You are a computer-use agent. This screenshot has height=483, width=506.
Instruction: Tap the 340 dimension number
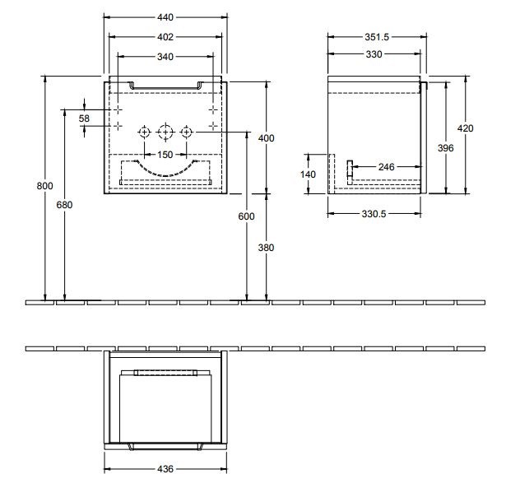click(165, 57)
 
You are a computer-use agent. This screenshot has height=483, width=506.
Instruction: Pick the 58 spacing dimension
click(84, 118)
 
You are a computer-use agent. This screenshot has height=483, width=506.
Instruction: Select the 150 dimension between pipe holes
click(165, 155)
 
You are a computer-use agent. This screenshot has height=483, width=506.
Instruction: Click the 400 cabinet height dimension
click(266, 138)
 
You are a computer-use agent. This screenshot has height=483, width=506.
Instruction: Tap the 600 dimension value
click(247, 216)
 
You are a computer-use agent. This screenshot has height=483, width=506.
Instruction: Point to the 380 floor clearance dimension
click(266, 247)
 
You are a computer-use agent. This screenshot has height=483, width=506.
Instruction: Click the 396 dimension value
click(446, 147)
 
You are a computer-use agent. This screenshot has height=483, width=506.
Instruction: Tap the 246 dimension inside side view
click(384, 167)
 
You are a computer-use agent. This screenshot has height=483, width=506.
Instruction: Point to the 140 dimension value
click(309, 174)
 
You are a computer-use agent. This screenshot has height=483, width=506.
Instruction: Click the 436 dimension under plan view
click(166, 470)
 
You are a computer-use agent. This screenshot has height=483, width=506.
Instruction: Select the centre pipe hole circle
click(165, 132)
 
